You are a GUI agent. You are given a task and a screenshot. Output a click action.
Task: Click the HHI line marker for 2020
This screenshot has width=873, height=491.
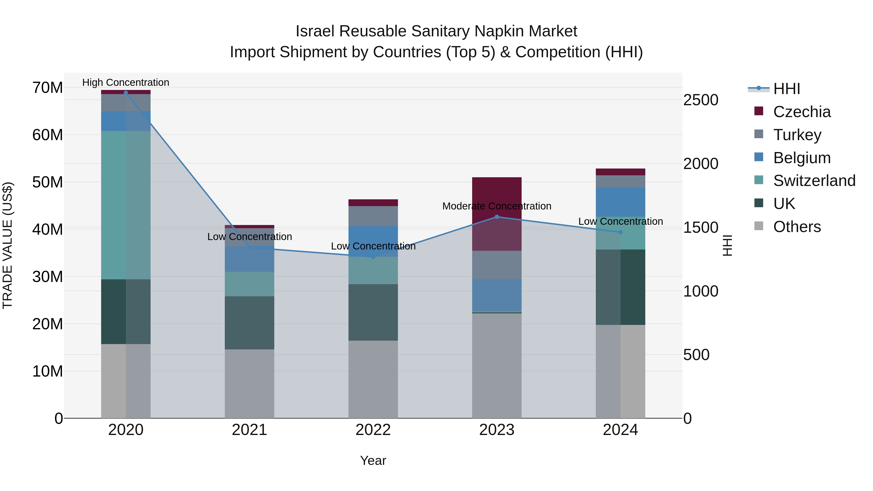pyautogui.click(x=126, y=93)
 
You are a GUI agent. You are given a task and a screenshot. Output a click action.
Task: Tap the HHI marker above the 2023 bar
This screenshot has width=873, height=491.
pyautogui.click(x=497, y=217)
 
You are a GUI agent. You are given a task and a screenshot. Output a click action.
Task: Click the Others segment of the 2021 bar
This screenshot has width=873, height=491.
pyautogui.click(x=250, y=384)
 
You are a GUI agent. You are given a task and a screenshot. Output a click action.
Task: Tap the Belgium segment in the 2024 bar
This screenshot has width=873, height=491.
pyautogui.click(x=621, y=202)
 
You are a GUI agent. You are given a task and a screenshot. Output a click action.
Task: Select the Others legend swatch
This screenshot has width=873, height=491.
pyautogui.click(x=759, y=226)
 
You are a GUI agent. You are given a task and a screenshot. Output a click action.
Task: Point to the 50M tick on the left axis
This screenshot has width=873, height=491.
pyautogui.click(x=48, y=182)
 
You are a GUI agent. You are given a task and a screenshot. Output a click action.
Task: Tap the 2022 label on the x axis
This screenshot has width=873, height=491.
pyautogui.click(x=373, y=430)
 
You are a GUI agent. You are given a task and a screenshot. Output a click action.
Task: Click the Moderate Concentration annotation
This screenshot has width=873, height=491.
pyautogui.click(x=497, y=206)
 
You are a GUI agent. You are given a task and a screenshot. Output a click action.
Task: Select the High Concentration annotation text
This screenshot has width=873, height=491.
pyautogui.click(x=126, y=82)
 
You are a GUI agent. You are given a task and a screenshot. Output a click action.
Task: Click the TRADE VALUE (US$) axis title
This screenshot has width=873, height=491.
pyautogui.click(x=8, y=245)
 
